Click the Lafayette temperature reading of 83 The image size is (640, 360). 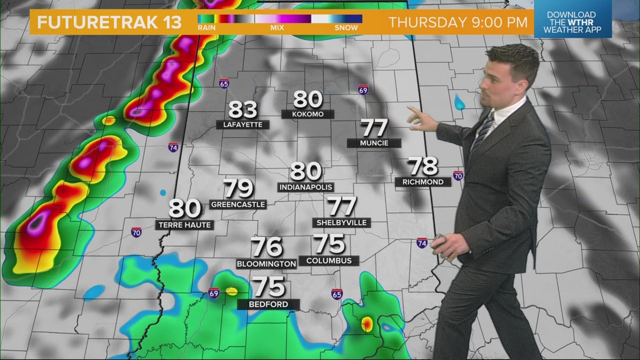pyautogui.click(x=243, y=110)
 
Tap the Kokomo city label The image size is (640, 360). pyautogui.click(x=308, y=114)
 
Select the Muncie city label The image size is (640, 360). pyautogui.click(x=374, y=143)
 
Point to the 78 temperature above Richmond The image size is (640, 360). pyautogui.click(x=423, y=166)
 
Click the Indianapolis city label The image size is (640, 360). pyautogui.click(x=305, y=187)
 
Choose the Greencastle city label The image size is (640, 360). pyautogui.click(x=238, y=204)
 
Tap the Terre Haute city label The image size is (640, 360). pyautogui.click(x=185, y=225)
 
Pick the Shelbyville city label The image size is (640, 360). pyautogui.click(x=341, y=223)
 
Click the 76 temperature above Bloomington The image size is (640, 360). pyautogui.click(x=266, y=247)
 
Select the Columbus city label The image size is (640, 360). pyautogui.click(x=329, y=261)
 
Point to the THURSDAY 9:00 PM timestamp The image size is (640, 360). pyautogui.click(x=458, y=23)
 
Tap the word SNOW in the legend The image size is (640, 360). pyautogui.click(x=346, y=27)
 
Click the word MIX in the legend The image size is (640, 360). pyautogui.click(x=277, y=27)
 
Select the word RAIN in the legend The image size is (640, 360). pyautogui.click(x=208, y=27)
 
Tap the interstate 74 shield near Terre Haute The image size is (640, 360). pyautogui.click(x=174, y=147)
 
